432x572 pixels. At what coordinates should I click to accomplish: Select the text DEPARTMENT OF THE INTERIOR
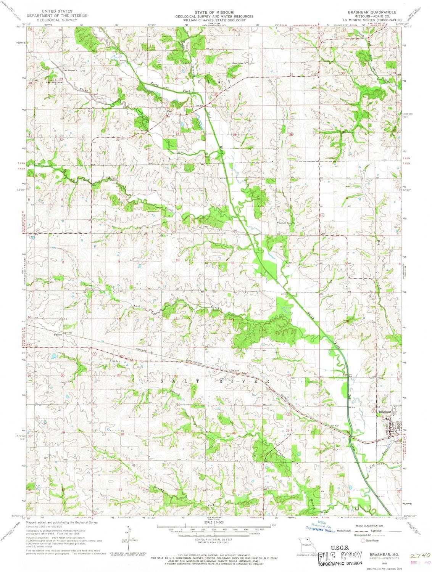tap(57, 16)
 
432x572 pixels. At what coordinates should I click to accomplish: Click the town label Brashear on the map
tap(384, 412)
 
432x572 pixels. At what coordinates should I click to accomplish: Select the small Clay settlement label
tap(169, 111)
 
